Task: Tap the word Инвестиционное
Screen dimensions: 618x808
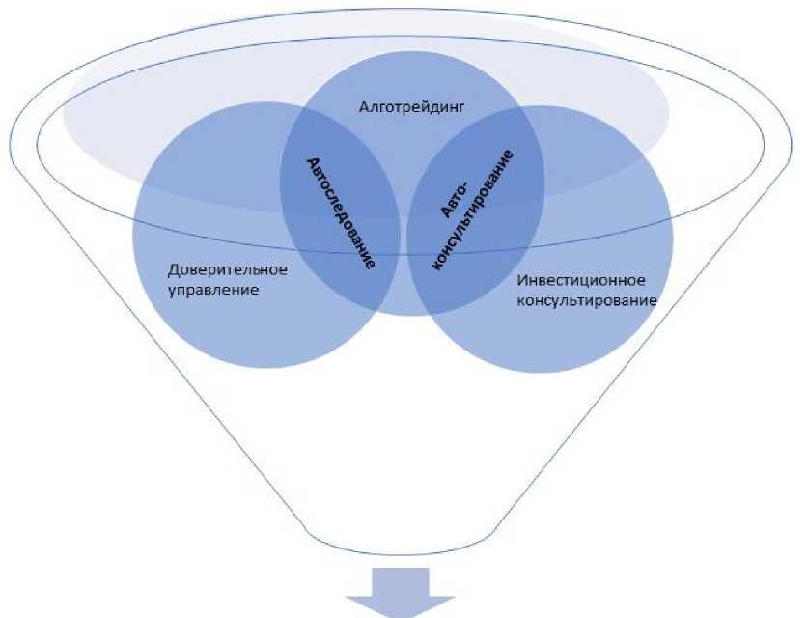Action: [x=580, y=282]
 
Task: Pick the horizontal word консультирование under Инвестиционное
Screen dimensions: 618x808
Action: [x=587, y=300]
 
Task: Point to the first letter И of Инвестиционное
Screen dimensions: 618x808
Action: [x=522, y=282]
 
